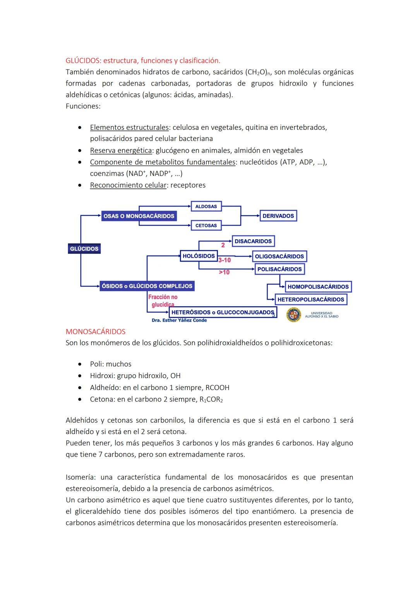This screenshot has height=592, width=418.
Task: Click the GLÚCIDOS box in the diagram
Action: point(84,249)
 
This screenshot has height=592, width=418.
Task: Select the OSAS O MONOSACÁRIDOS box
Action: point(139,216)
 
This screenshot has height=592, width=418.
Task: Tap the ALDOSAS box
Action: point(206,206)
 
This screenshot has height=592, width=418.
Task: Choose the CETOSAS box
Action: point(206,225)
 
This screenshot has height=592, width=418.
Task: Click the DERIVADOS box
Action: point(278,216)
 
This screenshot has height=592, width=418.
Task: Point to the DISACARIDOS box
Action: point(253,241)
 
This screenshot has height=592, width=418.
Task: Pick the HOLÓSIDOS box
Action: point(199,256)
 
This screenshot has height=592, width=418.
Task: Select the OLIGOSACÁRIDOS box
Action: point(279,256)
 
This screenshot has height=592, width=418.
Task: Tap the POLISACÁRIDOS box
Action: point(279,269)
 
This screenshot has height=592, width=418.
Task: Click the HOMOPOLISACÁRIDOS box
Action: point(318,287)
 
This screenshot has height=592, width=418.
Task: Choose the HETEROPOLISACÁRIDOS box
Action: point(310,299)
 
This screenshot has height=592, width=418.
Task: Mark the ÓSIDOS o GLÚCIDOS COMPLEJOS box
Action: point(147,286)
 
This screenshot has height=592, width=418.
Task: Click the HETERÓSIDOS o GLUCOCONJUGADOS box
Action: point(223,312)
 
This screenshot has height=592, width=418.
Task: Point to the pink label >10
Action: point(224,272)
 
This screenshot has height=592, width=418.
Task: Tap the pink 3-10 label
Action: point(224,260)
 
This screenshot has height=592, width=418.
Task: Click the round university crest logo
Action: point(293,314)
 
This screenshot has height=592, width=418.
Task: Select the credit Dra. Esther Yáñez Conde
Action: point(179,320)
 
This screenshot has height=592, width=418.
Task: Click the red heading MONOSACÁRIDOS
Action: point(96,331)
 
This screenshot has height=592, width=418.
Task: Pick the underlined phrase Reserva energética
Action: point(121,150)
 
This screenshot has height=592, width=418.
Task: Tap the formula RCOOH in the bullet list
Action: point(217,387)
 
